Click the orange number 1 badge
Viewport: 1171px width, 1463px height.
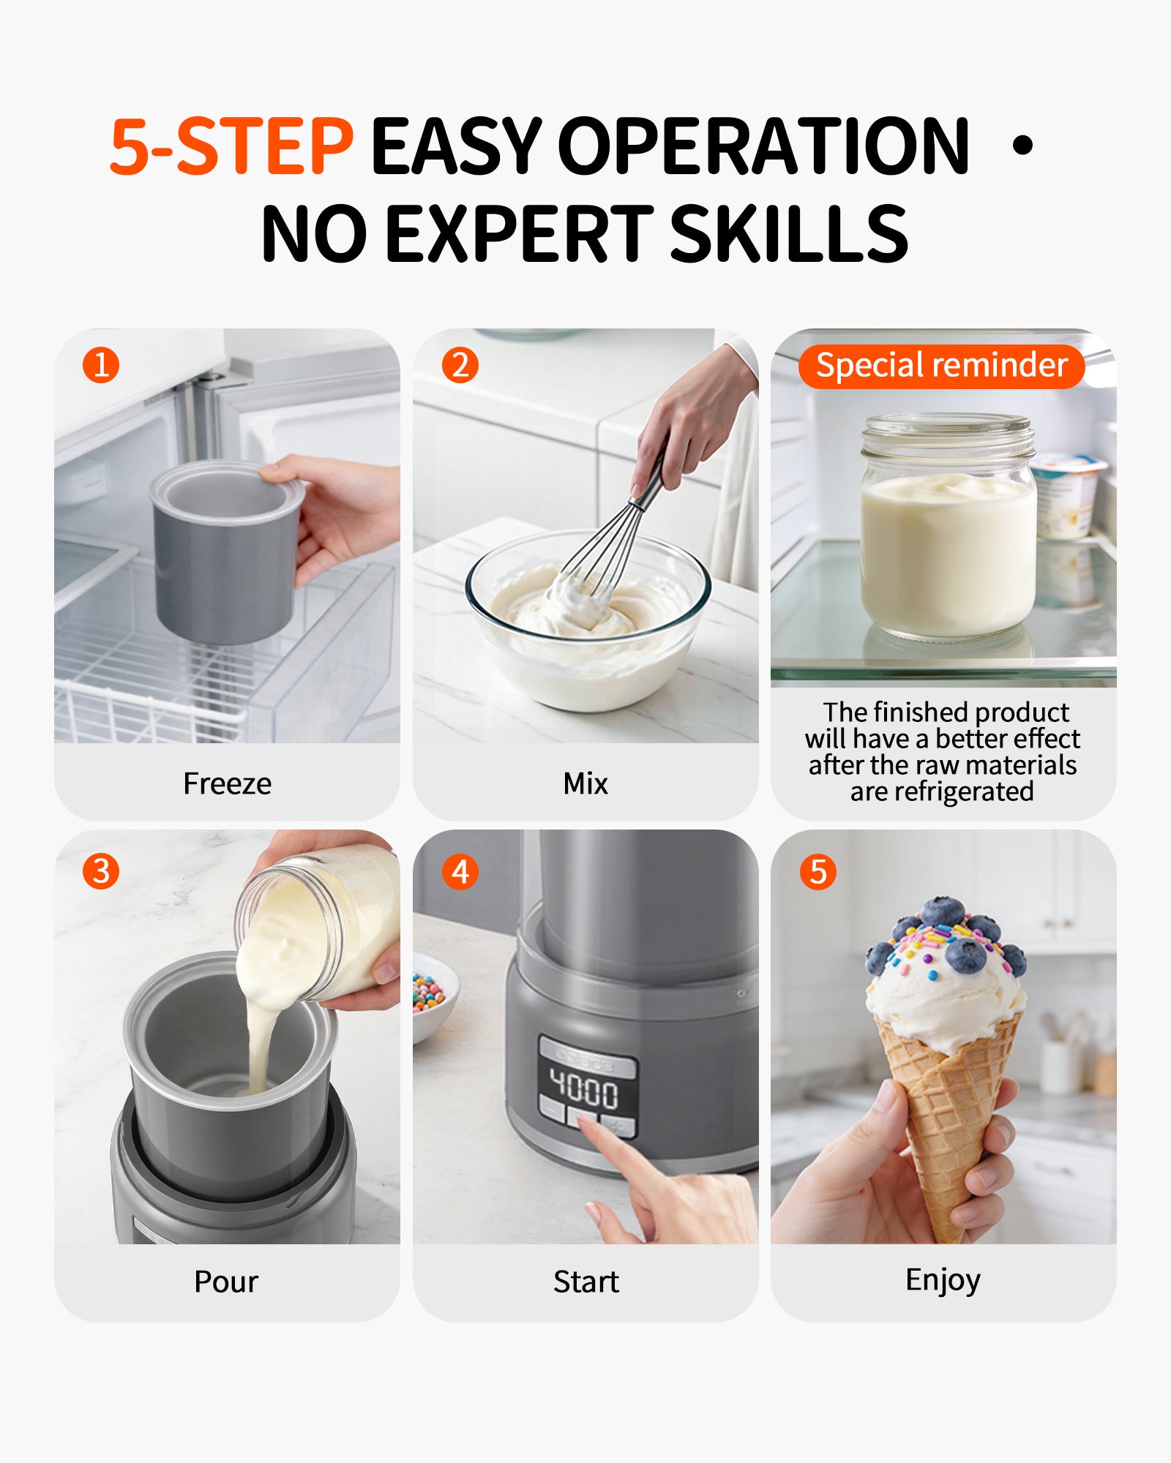101,365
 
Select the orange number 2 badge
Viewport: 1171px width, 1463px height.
460,365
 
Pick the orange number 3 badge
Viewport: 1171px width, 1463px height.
101,871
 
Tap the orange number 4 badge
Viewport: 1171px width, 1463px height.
460,871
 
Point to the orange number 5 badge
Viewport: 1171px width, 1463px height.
818,871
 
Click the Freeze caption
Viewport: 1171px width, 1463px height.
227,783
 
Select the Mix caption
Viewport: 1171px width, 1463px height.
585,783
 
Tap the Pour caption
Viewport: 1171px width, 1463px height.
226,1282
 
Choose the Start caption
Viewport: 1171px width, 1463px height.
585,1282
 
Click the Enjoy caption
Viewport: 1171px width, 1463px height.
943,1281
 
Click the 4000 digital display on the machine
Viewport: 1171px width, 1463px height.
585,1091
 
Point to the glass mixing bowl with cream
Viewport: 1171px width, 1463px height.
587,622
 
